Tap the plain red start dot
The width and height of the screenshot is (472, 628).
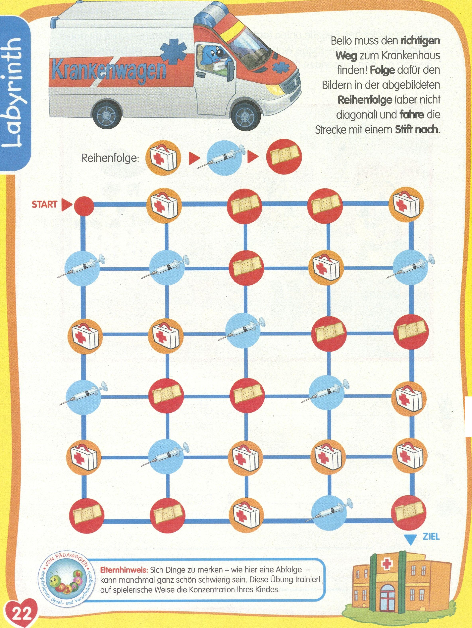[x=84, y=205]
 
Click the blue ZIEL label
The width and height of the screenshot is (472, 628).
[x=431, y=537]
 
